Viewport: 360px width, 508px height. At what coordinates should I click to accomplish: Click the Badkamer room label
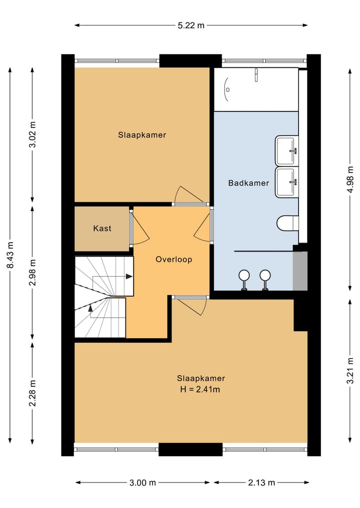pyautogui.click(x=248, y=183)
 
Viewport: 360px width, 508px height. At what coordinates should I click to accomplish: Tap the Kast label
pyautogui.click(x=102, y=228)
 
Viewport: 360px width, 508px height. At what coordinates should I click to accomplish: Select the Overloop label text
pyautogui.click(x=174, y=260)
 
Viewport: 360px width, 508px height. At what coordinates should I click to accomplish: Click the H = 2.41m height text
pyautogui.click(x=200, y=390)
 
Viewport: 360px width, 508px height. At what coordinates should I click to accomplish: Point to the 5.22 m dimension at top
pyautogui.click(x=191, y=25)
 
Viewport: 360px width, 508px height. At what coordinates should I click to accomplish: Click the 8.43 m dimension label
pyautogui.click(x=10, y=255)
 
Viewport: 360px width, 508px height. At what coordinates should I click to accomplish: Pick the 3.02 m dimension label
pyautogui.click(x=32, y=134)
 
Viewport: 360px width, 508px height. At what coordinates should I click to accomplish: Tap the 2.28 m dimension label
pyautogui.click(x=32, y=393)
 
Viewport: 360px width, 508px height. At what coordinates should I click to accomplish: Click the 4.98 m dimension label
pyautogui.click(x=350, y=179)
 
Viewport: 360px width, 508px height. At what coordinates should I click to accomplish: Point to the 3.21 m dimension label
pyautogui.click(x=350, y=371)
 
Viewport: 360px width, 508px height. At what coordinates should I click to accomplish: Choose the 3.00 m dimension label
pyautogui.click(x=142, y=483)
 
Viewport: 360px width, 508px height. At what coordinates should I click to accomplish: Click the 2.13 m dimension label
pyautogui.click(x=261, y=483)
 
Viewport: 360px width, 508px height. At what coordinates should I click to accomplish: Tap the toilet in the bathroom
pyautogui.click(x=287, y=223)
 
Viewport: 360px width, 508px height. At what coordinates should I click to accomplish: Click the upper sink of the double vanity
pyautogui.click(x=286, y=151)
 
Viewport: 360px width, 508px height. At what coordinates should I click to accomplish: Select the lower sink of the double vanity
pyautogui.click(x=286, y=182)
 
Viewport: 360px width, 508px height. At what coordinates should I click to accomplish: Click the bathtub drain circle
pyautogui.click(x=228, y=89)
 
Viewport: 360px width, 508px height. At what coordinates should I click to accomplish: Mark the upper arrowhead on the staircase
pyautogui.click(x=129, y=276)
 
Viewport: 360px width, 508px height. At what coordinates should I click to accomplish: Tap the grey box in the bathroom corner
pyautogui.click(x=300, y=271)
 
